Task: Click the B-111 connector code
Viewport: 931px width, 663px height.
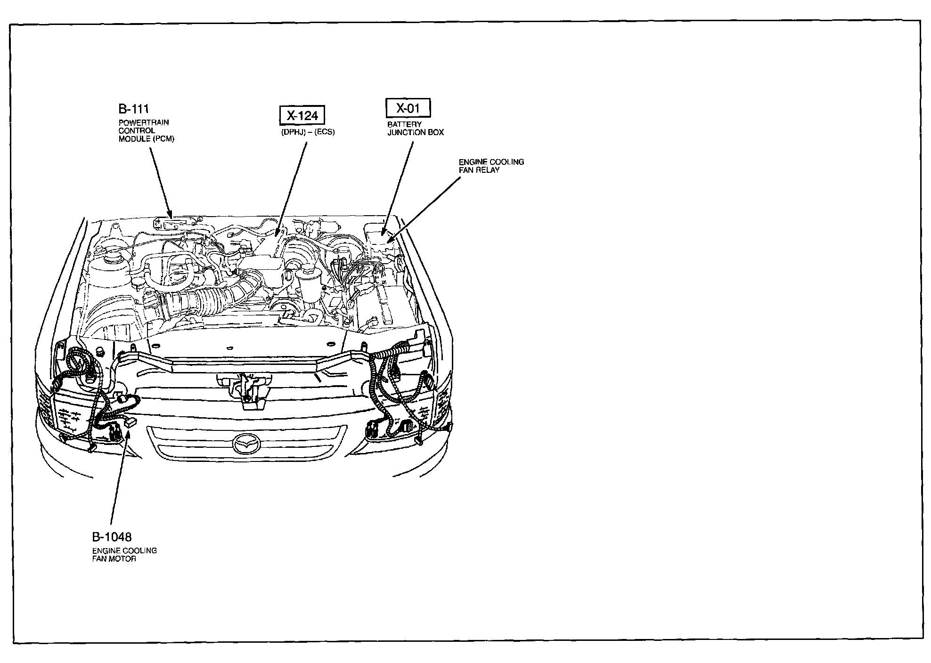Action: click(x=133, y=109)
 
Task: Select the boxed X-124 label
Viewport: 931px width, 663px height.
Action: click(x=302, y=115)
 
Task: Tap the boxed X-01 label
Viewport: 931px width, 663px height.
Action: click(x=408, y=108)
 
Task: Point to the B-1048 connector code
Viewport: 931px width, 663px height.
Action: click(x=112, y=537)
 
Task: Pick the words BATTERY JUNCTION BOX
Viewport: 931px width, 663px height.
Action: click(x=415, y=129)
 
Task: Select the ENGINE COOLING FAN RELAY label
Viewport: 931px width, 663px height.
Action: click(x=491, y=166)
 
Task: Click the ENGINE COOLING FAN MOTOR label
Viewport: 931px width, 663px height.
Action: click(x=124, y=555)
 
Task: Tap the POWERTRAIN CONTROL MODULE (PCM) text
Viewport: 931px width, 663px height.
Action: click(x=146, y=130)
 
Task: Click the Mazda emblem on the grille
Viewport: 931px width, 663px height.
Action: click(x=247, y=444)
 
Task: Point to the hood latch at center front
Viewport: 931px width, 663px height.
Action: click(x=245, y=386)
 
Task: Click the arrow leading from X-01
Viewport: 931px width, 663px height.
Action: click(x=398, y=188)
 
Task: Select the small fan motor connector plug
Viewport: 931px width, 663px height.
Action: click(x=130, y=422)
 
